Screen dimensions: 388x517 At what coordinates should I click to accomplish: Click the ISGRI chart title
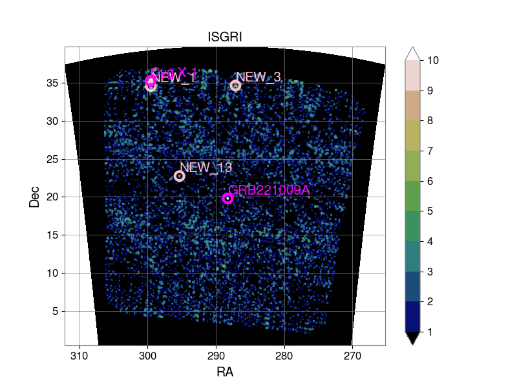(225, 38)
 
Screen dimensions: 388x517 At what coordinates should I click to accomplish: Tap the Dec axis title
(34, 196)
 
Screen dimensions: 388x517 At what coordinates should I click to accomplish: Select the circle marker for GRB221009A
(227, 199)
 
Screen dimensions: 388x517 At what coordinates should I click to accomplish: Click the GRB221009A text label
(269, 190)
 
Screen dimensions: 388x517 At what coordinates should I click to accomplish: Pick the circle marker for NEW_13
(180, 176)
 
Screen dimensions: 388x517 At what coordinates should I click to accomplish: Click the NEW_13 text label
(206, 167)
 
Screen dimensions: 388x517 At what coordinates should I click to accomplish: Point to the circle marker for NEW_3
(235, 86)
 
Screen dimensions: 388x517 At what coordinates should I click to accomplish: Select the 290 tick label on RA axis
(216, 356)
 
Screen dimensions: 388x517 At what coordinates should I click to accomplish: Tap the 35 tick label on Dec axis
(52, 83)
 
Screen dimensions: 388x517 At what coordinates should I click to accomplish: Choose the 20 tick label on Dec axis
(52, 197)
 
